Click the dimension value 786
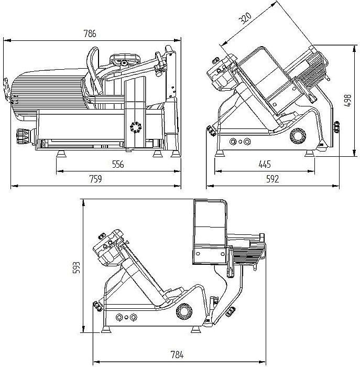click(x=90, y=34)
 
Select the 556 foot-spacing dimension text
click(x=118, y=164)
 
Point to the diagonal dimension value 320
click(x=246, y=20)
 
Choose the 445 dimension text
click(x=265, y=164)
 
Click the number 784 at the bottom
click(x=177, y=355)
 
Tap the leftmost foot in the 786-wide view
click(x=61, y=154)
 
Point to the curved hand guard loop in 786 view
click(x=94, y=60)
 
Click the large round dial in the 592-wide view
click(x=299, y=136)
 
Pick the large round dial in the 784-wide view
click(x=185, y=311)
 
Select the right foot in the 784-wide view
click(x=196, y=330)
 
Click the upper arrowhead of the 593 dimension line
click(x=83, y=201)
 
